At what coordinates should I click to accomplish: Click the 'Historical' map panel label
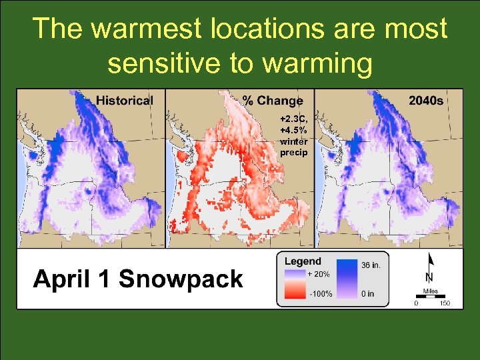[125, 101]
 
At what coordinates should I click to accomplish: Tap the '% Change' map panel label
[272, 101]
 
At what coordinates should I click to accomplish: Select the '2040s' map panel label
[427, 101]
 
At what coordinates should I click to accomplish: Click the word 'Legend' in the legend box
[303, 261]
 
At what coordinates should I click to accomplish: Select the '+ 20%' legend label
[318, 273]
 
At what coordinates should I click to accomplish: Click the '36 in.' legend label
[371, 265]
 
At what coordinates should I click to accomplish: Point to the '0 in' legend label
[367, 293]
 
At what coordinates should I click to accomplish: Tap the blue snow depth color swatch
[346, 280]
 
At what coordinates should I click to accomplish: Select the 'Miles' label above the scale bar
[430, 291]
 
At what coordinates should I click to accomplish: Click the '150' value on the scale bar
[445, 303]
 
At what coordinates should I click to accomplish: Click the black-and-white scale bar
[430, 297]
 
